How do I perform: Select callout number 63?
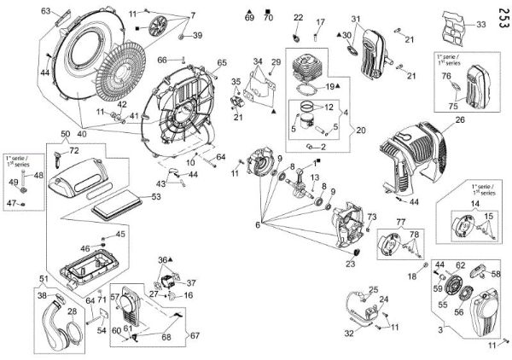pyautogui.click(x=46, y=11)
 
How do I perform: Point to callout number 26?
pyautogui.click(x=460, y=120)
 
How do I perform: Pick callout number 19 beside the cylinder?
pyautogui.click(x=329, y=86)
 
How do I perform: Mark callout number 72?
pyautogui.click(x=73, y=150)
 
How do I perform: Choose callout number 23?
pyautogui.click(x=349, y=264)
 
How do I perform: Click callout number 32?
pyautogui.click(x=348, y=333)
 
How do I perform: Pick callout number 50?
pyautogui.click(x=65, y=134)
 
